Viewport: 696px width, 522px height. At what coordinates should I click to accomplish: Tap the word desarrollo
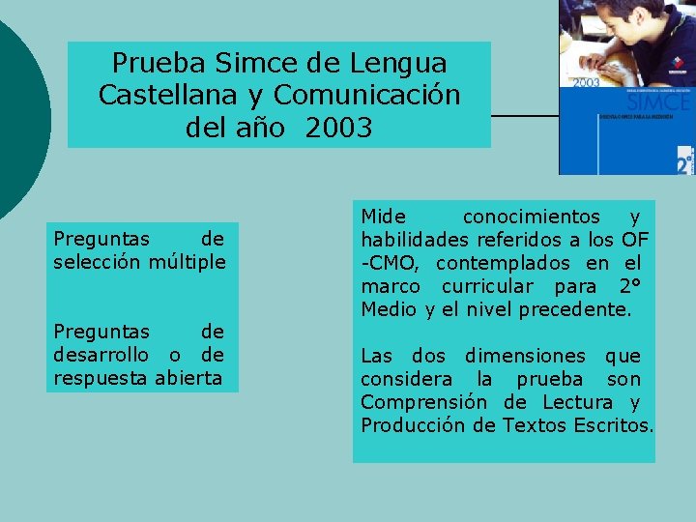pyautogui.click(x=101, y=355)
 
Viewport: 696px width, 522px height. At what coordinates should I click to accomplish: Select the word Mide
pyautogui.click(x=384, y=217)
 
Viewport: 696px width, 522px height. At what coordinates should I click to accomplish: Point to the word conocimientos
pyautogui.click(x=531, y=217)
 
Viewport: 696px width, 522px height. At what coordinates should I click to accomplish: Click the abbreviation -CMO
pyautogui.click(x=391, y=263)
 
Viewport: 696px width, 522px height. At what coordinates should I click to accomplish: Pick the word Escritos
pyautogui.click(x=612, y=425)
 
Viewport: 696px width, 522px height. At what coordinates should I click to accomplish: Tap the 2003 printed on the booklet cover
pyautogui.click(x=587, y=83)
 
